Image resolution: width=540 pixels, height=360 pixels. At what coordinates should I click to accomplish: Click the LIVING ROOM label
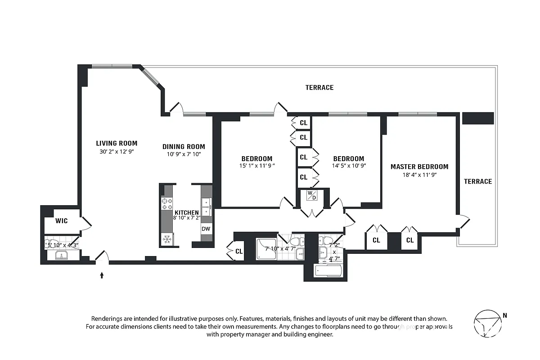point(117,144)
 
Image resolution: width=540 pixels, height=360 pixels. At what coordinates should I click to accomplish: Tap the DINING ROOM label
point(184,146)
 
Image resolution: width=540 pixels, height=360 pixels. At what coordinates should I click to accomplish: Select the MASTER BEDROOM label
point(419,166)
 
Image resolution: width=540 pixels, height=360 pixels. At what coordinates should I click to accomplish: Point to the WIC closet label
point(61,221)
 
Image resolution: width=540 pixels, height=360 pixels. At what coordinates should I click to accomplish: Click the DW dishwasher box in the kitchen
point(206,229)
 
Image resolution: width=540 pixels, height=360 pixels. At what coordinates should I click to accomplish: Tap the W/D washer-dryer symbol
point(312,195)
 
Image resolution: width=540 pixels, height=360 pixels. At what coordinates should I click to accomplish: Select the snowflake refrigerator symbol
point(166,238)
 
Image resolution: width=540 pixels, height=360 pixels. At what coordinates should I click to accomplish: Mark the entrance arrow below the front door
point(102,275)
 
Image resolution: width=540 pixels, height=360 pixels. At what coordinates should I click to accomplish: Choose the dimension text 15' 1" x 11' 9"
point(256,166)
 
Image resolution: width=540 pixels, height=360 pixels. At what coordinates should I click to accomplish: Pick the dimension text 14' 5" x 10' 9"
point(348,166)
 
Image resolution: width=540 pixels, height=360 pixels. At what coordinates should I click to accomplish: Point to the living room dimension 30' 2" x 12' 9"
point(117,152)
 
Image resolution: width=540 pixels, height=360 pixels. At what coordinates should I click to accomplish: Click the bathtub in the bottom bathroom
point(328,271)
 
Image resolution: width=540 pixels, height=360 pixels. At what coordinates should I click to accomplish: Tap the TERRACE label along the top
point(319,87)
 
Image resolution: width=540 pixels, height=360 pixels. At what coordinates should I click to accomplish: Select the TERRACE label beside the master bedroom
point(478,181)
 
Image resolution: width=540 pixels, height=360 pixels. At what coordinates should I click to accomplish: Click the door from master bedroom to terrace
point(464,222)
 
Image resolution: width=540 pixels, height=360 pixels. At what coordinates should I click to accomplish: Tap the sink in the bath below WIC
point(60,256)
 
